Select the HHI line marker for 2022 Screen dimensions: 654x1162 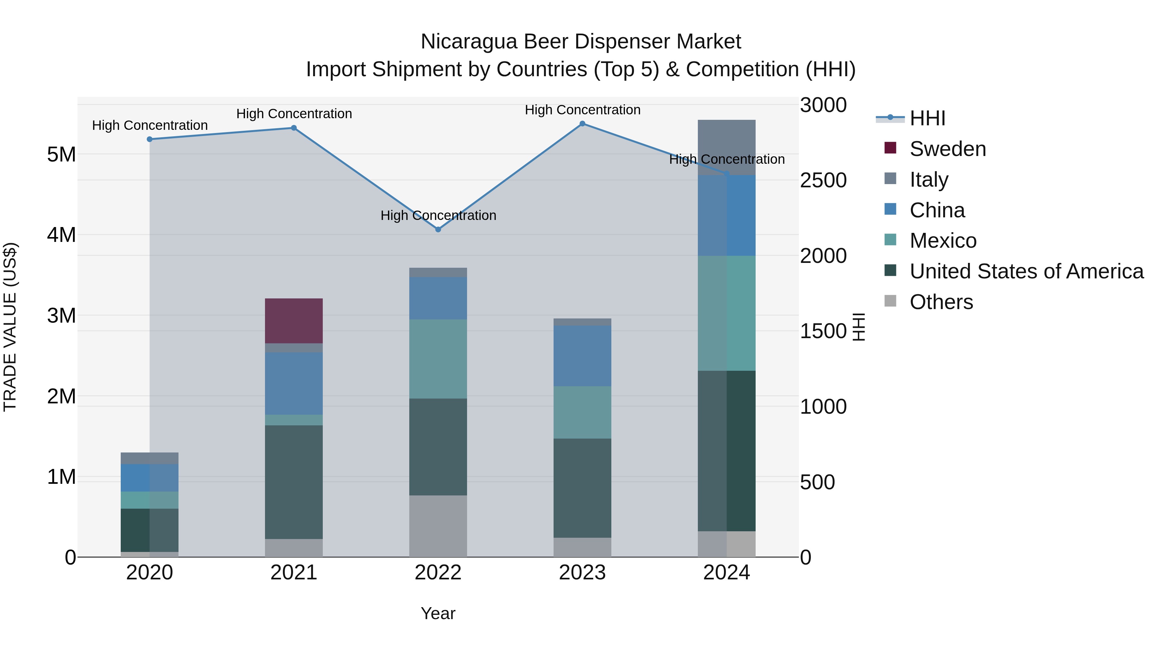(x=438, y=229)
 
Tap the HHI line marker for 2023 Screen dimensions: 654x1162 (x=582, y=124)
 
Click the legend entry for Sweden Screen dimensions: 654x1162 (x=947, y=149)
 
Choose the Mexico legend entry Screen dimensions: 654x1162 (x=943, y=241)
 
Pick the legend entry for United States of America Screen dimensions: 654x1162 (x=1026, y=271)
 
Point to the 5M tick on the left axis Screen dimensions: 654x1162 (x=61, y=154)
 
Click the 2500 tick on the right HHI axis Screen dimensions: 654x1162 (x=823, y=181)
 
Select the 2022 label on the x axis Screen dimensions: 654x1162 (x=438, y=573)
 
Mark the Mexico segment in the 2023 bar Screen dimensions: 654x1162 (x=582, y=412)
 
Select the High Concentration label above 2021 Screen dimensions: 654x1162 (x=294, y=114)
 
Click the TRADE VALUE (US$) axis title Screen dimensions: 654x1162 (x=10, y=327)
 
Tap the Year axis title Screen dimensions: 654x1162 (x=438, y=613)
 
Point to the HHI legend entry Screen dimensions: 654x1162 (x=927, y=118)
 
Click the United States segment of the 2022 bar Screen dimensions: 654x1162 (x=438, y=447)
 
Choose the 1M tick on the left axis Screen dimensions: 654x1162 (x=61, y=477)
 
